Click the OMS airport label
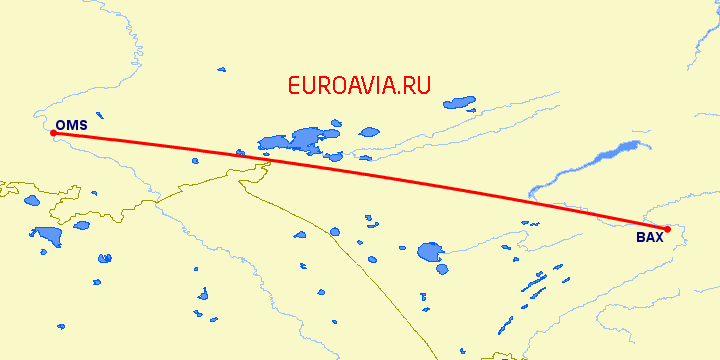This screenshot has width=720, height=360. pyautogui.click(x=71, y=125)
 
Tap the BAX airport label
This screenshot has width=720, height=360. pyautogui.click(x=649, y=238)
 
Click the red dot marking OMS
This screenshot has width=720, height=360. pyautogui.click(x=53, y=132)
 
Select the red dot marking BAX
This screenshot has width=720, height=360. pyautogui.click(x=667, y=228)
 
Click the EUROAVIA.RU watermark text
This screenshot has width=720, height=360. pyautogui.click(x=358, y=86)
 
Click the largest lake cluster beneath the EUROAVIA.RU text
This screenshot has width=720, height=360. pyautogui.click(x=300, y=139)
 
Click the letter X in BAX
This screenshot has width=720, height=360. pyautogui.click(x=658, y=238)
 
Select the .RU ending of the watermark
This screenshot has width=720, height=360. pyautogui.click(x=414, y=86)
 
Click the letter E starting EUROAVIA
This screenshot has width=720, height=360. pyautogui.click(x=293, y=86)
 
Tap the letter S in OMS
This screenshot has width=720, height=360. pyautogui.click(x=82, y=125)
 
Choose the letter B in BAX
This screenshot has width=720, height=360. pyautogui.click(x=640, y=238)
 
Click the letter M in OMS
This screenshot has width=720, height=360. pyautogui.click(x=71, y=125)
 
